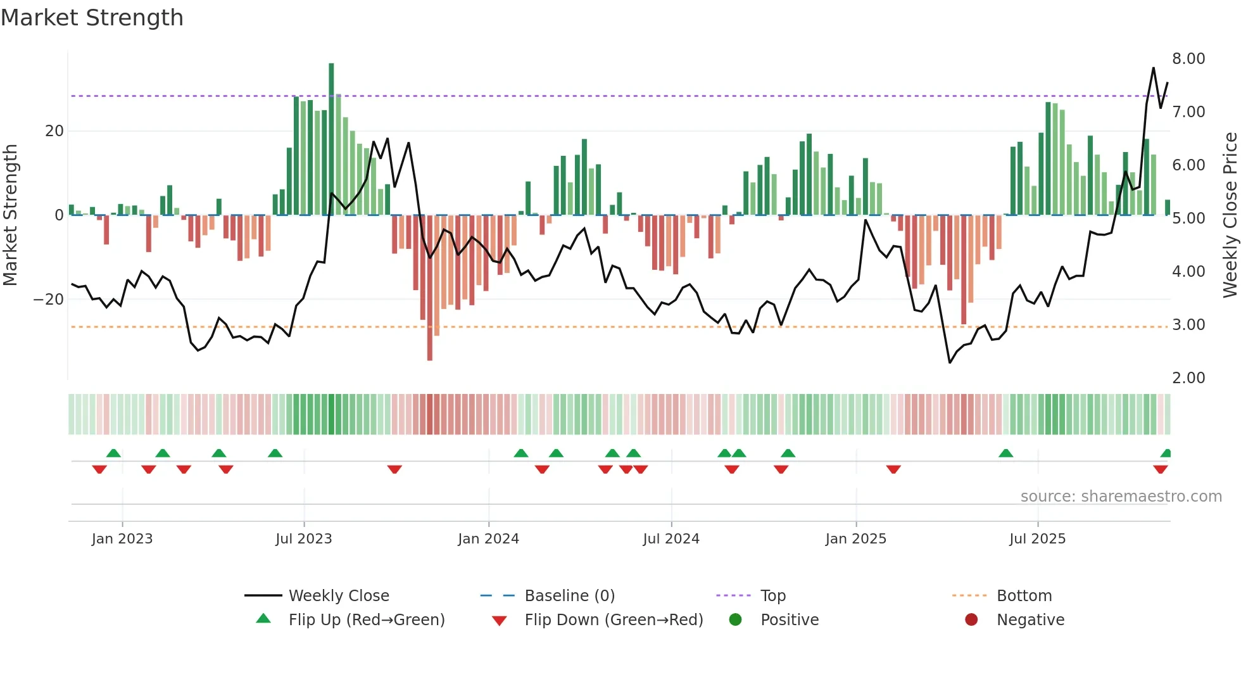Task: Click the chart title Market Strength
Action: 92,18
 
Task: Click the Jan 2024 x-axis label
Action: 488,539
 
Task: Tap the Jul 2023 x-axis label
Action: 304,539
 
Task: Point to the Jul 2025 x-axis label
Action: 1037,539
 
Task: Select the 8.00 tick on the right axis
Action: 1188,59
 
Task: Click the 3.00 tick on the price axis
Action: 1188,325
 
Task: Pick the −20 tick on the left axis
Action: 49,299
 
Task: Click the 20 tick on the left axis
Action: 54,131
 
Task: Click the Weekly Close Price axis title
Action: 1230,215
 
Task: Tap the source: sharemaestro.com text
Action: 1121,497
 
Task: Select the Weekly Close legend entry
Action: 339,596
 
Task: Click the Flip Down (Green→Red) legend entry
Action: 614,620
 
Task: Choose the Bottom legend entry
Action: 1024,596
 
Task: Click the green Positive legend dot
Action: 735,620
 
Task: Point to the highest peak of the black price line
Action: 1153,68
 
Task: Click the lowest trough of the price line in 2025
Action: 950,362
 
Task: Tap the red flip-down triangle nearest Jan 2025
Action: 893,469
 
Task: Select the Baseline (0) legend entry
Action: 569,596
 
